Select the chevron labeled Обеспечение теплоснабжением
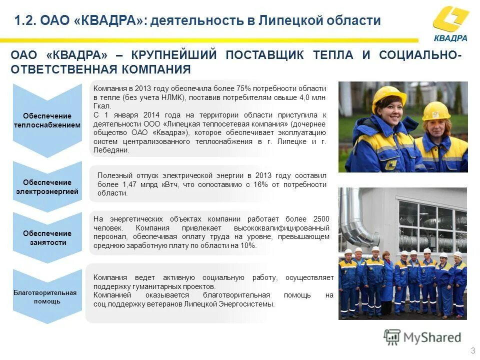coord(47,120)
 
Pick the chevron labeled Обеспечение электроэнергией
coord(47,186)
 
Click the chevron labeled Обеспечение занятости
coord(47,237)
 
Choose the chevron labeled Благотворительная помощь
coord(44,296)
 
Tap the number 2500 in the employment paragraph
coord(321,219)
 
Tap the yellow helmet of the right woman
coord(436,110)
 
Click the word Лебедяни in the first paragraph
coord(111,150)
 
